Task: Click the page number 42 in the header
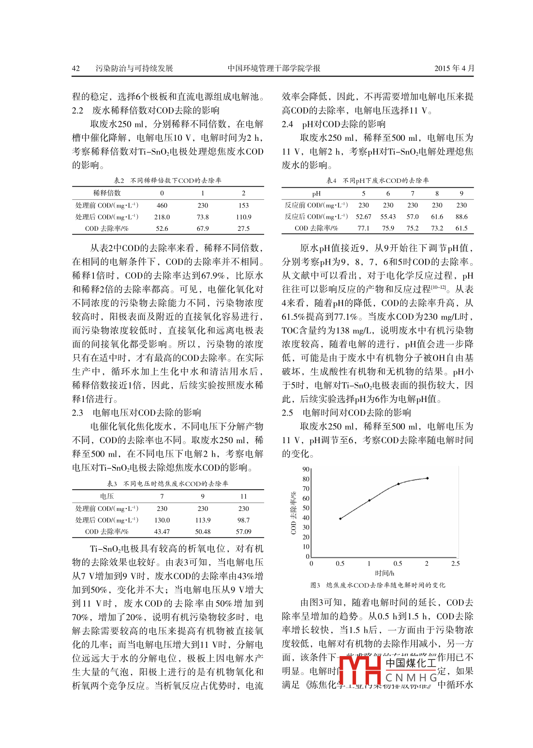coord(76,68)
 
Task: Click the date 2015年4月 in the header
coord(454,68)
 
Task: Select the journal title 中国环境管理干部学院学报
coord(274,68)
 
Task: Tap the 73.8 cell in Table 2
coord(203,217)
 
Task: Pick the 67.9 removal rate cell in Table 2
coord(203,228)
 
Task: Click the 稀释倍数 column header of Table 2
coord(107,193)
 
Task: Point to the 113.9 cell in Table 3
coord(203,520)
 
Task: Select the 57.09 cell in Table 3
coord(243,531)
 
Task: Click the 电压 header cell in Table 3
coord(107,496)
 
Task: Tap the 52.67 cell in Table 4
coord(364,217)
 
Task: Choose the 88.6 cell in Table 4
coord(461,217)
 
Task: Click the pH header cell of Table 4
coord(316,193)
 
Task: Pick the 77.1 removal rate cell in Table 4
coord(364,228)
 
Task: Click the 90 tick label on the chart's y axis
coord(306,469)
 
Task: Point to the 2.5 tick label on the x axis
coord(455,564)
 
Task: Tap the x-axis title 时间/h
coord(385,573)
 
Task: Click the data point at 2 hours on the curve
coord(427,478)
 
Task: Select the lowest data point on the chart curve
coord(341,519)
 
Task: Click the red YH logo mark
coord(361,670)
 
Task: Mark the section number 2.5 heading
coord(287,413)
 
